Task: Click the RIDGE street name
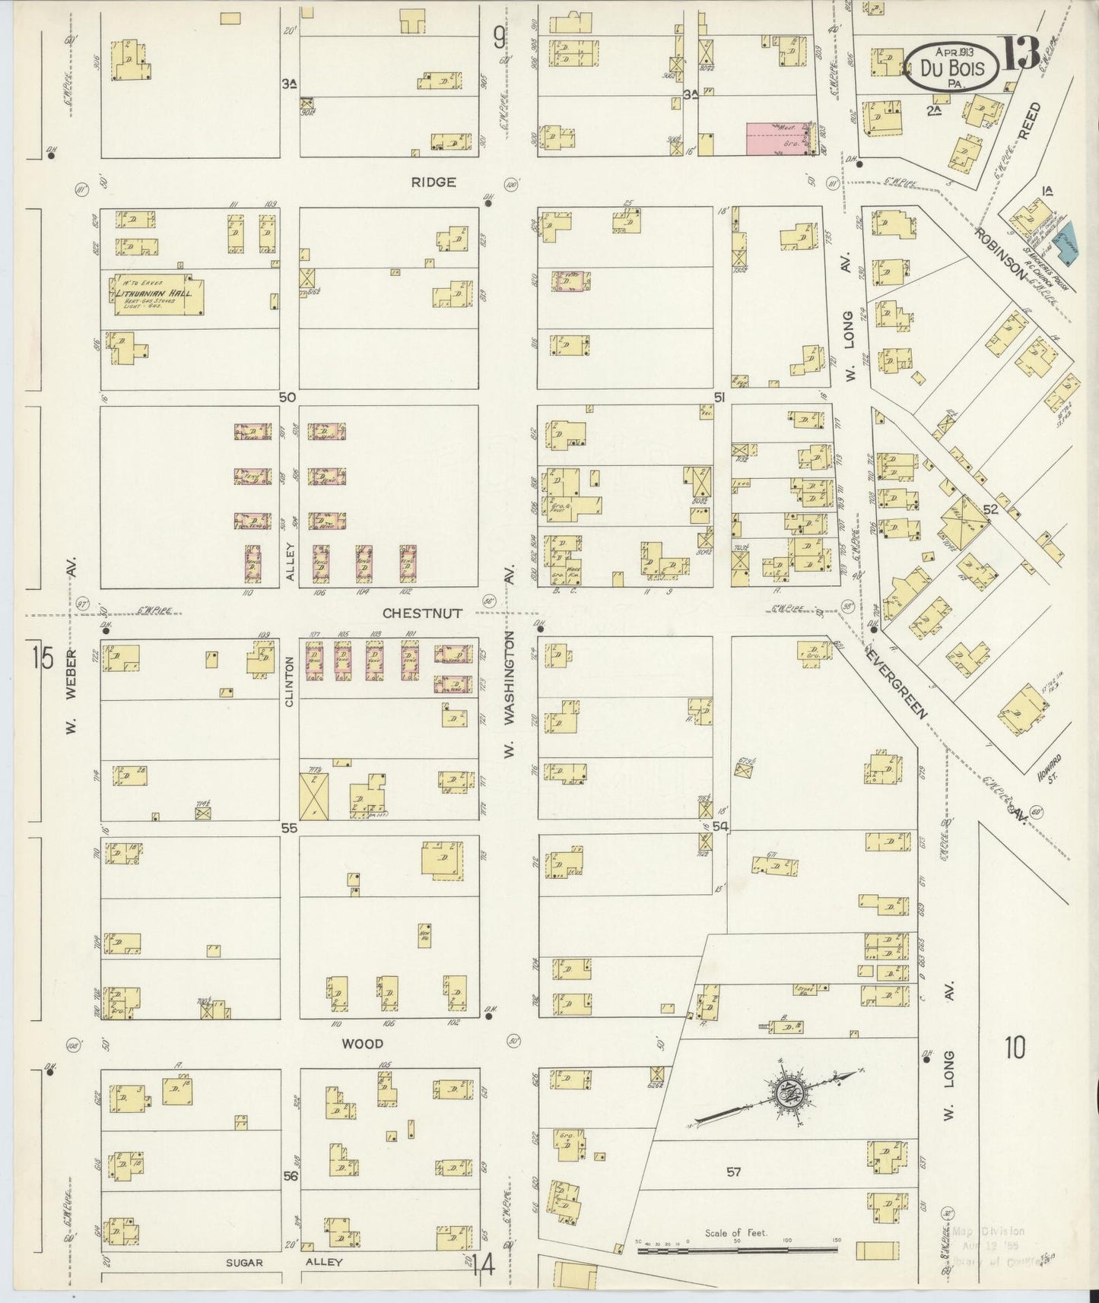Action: [434, 182]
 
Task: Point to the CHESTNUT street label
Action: [421, 613]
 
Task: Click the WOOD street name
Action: [362, 1044]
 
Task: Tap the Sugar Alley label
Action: [286, 1262]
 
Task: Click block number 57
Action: [732, 1172]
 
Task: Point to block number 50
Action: [287, 397]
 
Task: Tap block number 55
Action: [288, 829]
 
